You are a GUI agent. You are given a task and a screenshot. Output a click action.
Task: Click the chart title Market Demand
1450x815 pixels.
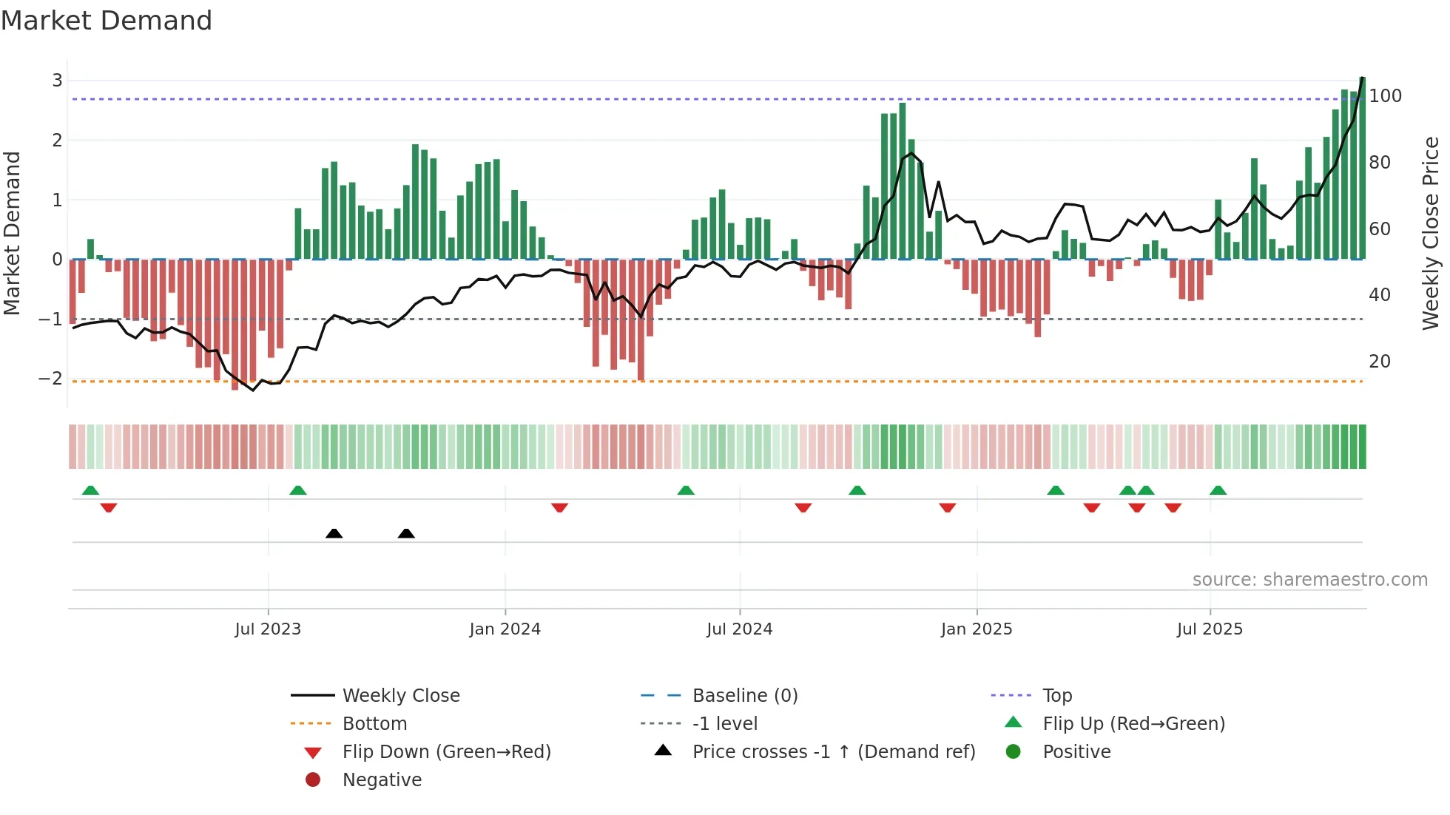coord(107,21)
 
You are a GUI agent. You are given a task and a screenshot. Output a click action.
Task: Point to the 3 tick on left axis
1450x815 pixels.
coord(57,80)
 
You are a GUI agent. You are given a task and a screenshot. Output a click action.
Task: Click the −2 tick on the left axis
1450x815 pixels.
coord(51,379)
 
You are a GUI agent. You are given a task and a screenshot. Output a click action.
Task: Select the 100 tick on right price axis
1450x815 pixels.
coord(1385,96)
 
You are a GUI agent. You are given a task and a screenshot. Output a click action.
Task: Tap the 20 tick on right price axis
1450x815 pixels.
coord(1380,362)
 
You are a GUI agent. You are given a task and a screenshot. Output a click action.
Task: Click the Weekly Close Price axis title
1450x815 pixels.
coord(1431,233)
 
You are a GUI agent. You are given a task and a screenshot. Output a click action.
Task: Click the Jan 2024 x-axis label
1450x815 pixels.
coord(505,629)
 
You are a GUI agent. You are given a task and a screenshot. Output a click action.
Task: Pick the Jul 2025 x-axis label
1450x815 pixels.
coord(1210,629)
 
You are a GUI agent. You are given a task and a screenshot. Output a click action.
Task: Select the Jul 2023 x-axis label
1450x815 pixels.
coord(268,629)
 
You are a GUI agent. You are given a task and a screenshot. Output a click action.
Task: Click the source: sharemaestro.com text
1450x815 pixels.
coord(1309,580)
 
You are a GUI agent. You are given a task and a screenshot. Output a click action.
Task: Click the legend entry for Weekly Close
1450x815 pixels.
coord(400,696)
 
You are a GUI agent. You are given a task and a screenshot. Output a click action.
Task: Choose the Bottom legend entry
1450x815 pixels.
coord(374,724)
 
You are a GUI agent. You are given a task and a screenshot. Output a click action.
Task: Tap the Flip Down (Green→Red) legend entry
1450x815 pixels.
coord(446,752)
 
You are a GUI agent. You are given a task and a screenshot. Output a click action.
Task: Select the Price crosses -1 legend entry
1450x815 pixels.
coord(833,752)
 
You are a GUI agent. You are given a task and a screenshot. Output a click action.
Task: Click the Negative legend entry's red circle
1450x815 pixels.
coord(313,780)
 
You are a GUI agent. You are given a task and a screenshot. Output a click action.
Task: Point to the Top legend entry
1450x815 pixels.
coord(1056,696)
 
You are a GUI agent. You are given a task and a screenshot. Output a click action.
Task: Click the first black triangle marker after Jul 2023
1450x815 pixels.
coord(334,533)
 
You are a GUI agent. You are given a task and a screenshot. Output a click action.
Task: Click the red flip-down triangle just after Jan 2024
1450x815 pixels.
coord(559,507)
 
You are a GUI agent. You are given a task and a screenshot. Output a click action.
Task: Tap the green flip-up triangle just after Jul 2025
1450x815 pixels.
coord(1218,490)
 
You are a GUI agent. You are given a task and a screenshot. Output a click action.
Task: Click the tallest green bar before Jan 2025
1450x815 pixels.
coord(902,181)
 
